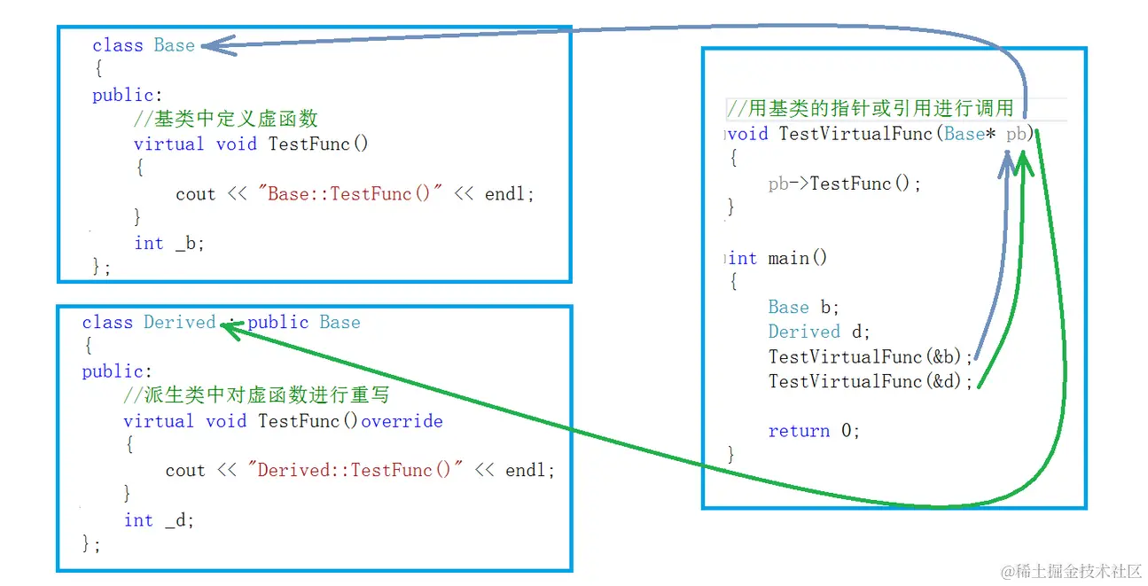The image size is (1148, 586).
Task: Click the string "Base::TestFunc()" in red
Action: pos(348,194)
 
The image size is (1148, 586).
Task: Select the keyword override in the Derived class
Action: pos(402,421)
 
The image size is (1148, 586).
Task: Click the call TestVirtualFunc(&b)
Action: pos(870,356)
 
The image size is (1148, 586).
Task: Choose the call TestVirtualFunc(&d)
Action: pos(870,381)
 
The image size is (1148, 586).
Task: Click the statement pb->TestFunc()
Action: pos(843,184)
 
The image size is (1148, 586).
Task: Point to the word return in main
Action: pos(799,431)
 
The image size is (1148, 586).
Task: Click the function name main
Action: pos(787,258)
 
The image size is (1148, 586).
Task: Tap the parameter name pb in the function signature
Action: pos(1017,134)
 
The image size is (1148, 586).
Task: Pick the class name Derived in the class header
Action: pos(180,322)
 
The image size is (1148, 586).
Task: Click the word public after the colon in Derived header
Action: pos(278,322)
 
